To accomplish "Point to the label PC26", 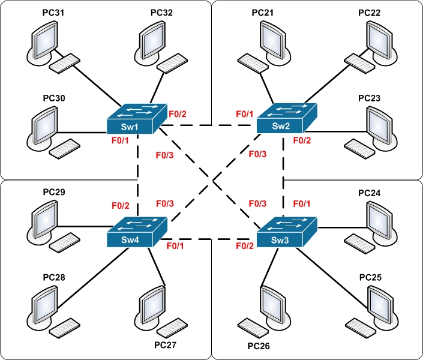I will [x=259, y=346].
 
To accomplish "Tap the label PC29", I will [x=53, y=193].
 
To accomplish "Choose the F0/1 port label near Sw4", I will [x=175, y=246].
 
